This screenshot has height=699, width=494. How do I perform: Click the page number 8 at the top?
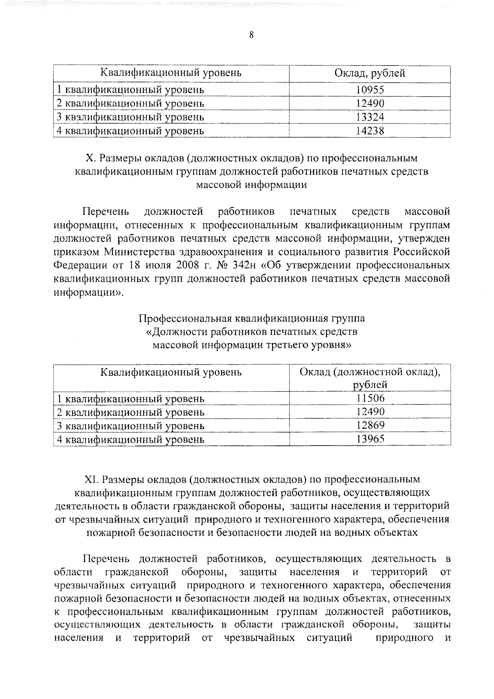tap(251, 35)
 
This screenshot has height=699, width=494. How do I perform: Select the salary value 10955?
tap(370, 89)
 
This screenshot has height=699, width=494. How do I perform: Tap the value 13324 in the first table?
tap(370, 117)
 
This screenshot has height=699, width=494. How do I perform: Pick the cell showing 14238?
tap(370, 131)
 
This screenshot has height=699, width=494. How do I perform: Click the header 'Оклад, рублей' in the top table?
tap(370, 73)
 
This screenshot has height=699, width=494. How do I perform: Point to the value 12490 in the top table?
tap(370, 103)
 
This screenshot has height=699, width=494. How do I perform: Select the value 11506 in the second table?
tap(370, 398)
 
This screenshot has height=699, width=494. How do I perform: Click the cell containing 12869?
tap(370, 425)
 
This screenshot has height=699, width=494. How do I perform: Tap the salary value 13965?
tap(370, 439)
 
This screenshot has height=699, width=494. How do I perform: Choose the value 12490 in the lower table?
tap(370, 412)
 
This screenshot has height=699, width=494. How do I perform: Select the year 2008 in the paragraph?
tap(179, 266)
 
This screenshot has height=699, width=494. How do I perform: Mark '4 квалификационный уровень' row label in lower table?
tap(130, 440)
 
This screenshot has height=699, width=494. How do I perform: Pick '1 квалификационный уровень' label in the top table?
tap(130, 90)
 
